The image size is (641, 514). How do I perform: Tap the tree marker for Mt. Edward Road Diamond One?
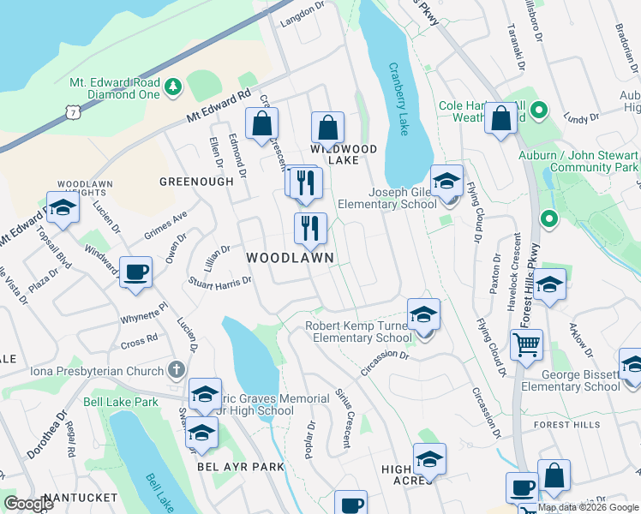pos(172,87)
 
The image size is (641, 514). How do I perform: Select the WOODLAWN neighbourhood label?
pos(290,257)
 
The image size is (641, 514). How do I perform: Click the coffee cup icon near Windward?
pos(135,273)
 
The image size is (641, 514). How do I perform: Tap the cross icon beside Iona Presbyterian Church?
pos(177,370)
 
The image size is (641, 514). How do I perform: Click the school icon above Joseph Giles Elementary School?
pos(446,182)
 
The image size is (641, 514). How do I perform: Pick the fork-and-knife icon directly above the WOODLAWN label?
pos(310,229)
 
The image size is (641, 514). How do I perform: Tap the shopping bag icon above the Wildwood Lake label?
pos(327,128)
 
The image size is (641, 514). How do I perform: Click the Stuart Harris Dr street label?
pos(219,281)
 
